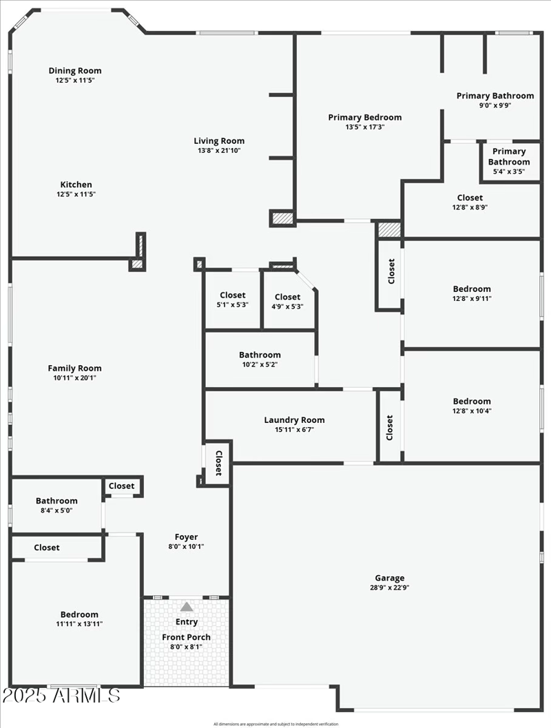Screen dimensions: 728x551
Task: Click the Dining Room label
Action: pos(74,70)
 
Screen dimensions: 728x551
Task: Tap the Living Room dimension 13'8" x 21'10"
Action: pos(219,150)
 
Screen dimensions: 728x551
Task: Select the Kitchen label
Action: pos(76,185)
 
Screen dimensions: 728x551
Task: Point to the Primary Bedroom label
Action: pos(364,117)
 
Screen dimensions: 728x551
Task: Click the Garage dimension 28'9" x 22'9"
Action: pos(389,587)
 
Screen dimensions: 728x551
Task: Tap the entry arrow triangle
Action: pos(187,607)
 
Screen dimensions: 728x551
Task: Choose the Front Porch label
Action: pos(186,637)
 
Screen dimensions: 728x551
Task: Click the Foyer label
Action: pos(186,537)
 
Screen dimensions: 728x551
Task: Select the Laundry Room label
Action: pos(294,420)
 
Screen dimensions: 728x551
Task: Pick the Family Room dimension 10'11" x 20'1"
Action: pos(74,377)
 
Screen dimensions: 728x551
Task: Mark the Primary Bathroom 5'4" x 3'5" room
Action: pos(509,161)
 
